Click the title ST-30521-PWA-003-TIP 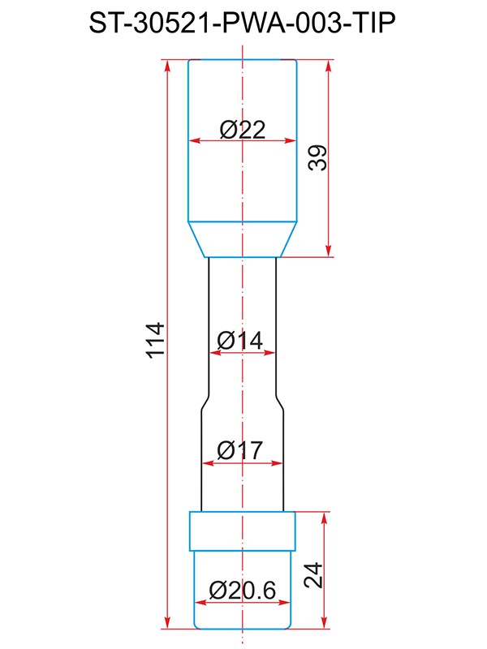242,23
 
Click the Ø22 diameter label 242,130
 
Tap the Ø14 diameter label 239,341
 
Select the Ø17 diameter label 239,450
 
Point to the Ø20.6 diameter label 242,591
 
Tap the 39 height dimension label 317,157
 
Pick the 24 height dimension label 313,575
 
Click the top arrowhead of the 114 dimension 167,66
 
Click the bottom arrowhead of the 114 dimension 167,623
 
